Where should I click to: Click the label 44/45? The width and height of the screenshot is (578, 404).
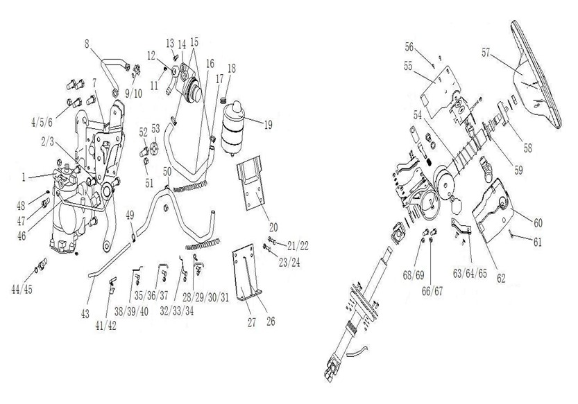click(x=37, y=288)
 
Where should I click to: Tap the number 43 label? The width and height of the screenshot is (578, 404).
click(x=85, y=314)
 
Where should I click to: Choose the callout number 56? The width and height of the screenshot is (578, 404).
click(x=410, y=47)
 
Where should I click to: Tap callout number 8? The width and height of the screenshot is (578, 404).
click(x=87, y=44)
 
